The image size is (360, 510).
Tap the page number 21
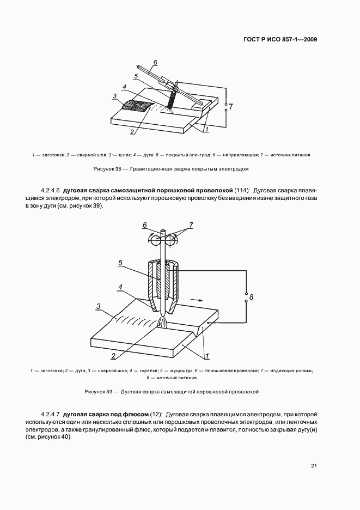pos(314,466)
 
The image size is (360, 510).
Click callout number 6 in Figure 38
pos(155,62)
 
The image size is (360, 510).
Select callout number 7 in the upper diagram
pos(230,107)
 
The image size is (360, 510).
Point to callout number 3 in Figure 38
pos(114,96)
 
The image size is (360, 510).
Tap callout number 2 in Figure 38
pos(132,131)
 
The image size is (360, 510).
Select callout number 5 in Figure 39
pos(120,263)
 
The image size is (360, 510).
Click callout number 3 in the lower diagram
pos(98,307)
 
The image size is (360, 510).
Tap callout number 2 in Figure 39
pos(113,356)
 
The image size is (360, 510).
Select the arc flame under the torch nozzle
pos(163,323)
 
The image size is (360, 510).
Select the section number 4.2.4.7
pos(52,414)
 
